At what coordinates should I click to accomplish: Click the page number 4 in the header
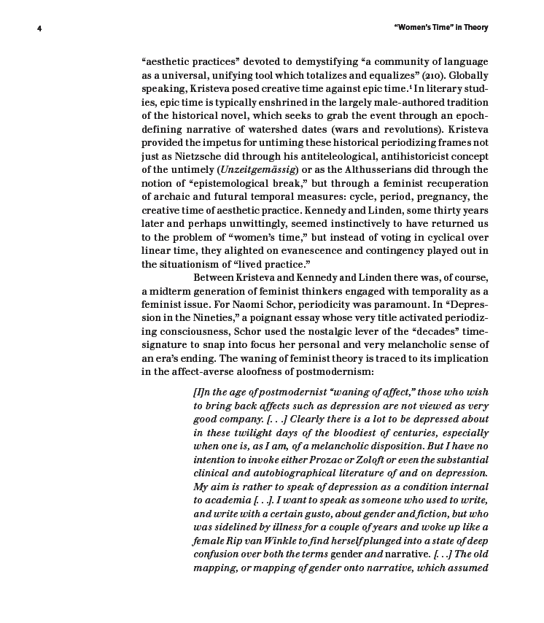pyautogui.click(x=39, y=28)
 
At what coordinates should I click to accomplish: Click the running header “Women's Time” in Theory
pyautogui.click(x=440, y=28)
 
